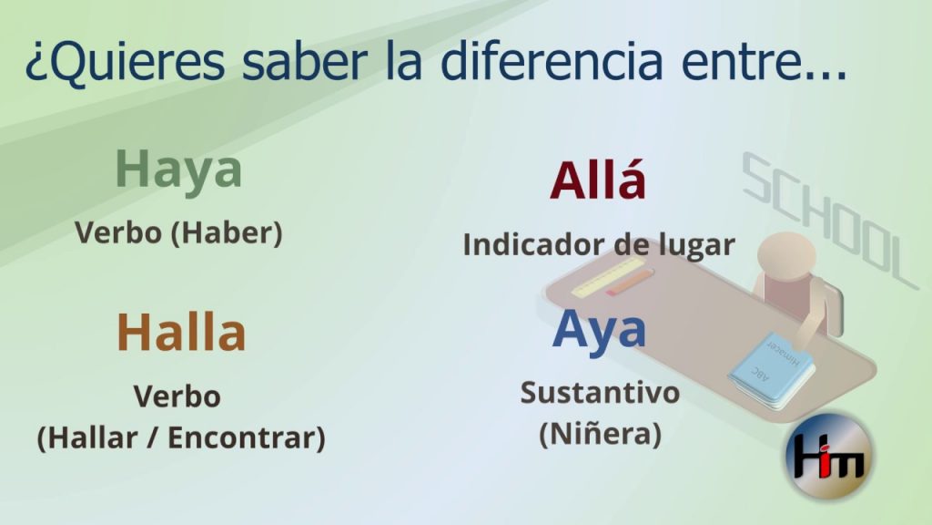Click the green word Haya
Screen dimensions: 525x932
[178, 170]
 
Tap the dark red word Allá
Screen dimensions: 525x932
[598, 180]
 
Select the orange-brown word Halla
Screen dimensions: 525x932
[181, 332]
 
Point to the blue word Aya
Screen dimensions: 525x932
[599, 330]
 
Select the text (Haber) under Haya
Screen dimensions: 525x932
[227, 233]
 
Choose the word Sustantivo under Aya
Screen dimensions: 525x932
[600, 393]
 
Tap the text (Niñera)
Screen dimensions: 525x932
[600, 434]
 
